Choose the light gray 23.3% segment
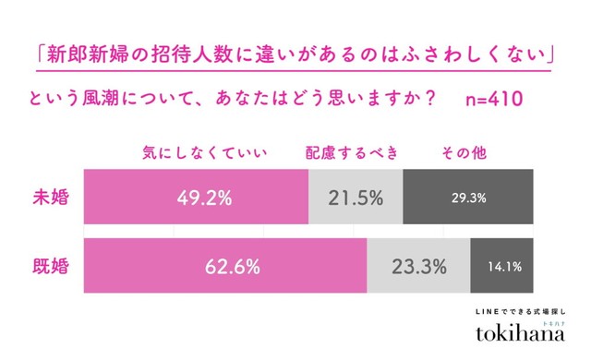coord(417,267)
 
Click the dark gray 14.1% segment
coord(501,267)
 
